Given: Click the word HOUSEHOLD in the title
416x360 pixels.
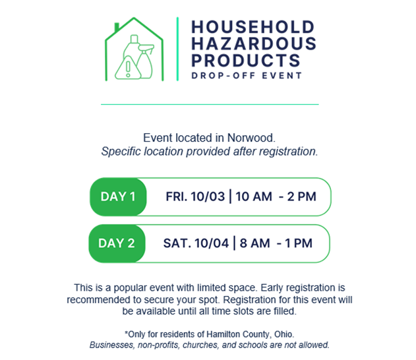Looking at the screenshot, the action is (x=253, y=27).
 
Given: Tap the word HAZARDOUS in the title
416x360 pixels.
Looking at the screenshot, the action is (x=254, y=44).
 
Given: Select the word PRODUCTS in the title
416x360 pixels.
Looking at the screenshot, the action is (x=246, y=60).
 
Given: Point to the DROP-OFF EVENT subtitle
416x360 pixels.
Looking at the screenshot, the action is (x=247, y=76).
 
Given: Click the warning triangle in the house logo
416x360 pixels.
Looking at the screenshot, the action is (x=128, y=68).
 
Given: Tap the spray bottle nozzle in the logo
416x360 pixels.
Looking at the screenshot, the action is (x=146, y=48).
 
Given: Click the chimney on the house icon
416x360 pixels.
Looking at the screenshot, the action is (x=117, y=27).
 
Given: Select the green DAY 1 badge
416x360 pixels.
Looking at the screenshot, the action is (x=118, y=196).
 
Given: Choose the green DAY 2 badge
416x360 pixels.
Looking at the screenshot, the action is (x=117, y=243).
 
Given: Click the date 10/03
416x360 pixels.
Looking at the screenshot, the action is (x=208, y=196).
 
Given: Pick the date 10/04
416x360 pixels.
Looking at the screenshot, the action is (x=212, y=243).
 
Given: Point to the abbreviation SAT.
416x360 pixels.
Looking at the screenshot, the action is (x=177, y=243).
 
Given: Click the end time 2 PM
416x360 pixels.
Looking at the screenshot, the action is (x=302, y=196).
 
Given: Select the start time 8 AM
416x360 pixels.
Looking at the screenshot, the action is (x=254, y=243).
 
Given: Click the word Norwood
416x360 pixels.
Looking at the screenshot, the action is (x=251, y=138).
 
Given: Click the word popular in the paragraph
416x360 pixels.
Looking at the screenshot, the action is (x=130, y=288).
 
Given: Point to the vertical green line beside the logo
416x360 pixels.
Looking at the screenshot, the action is (x=177, y=49).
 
